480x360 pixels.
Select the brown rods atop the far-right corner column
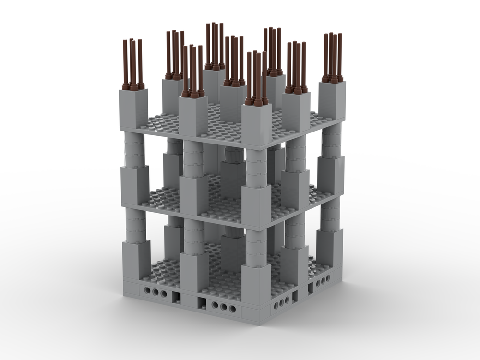point(333,58)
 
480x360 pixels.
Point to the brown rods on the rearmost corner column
point(215,46)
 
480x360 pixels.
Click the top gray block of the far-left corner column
point(133,108)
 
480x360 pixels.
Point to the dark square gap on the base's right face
point(310,288)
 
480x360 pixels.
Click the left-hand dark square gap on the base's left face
point(176,298)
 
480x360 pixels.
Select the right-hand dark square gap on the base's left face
point(202,303)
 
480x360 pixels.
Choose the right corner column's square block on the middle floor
point(330,175)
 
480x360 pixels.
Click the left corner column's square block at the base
point(136,259)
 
